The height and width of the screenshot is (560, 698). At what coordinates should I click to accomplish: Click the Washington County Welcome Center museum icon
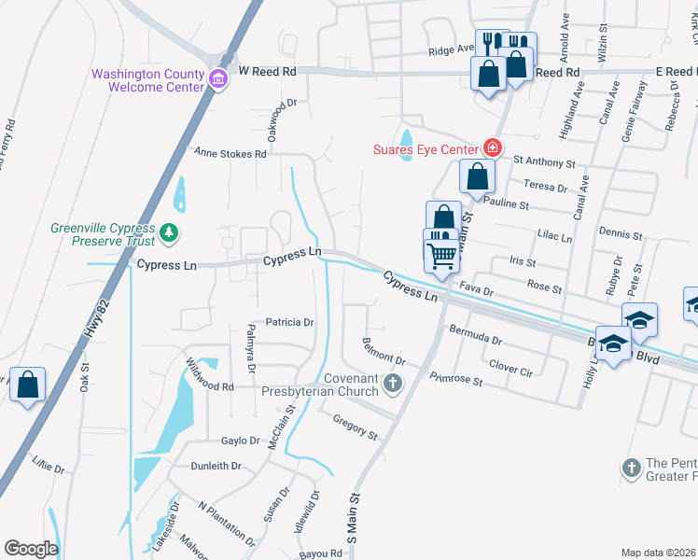218,77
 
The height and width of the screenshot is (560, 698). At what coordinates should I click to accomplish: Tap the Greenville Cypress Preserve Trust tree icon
169,232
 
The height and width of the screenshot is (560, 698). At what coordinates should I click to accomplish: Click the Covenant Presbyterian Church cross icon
394,383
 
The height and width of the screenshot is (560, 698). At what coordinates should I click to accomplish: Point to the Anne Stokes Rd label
230,152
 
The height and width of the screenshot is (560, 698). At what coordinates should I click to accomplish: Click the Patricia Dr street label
290,322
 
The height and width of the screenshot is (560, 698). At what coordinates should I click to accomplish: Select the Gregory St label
355,427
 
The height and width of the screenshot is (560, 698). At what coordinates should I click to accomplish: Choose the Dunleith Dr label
217,466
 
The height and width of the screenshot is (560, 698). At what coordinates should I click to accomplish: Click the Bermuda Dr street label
476,334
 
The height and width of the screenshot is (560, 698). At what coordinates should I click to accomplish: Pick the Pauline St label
507,204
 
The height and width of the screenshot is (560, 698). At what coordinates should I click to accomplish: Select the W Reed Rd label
267,71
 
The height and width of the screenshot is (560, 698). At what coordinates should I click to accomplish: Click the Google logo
31,549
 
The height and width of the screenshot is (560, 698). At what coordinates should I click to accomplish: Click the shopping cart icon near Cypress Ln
441,254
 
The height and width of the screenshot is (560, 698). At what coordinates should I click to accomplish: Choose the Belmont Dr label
384,353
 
